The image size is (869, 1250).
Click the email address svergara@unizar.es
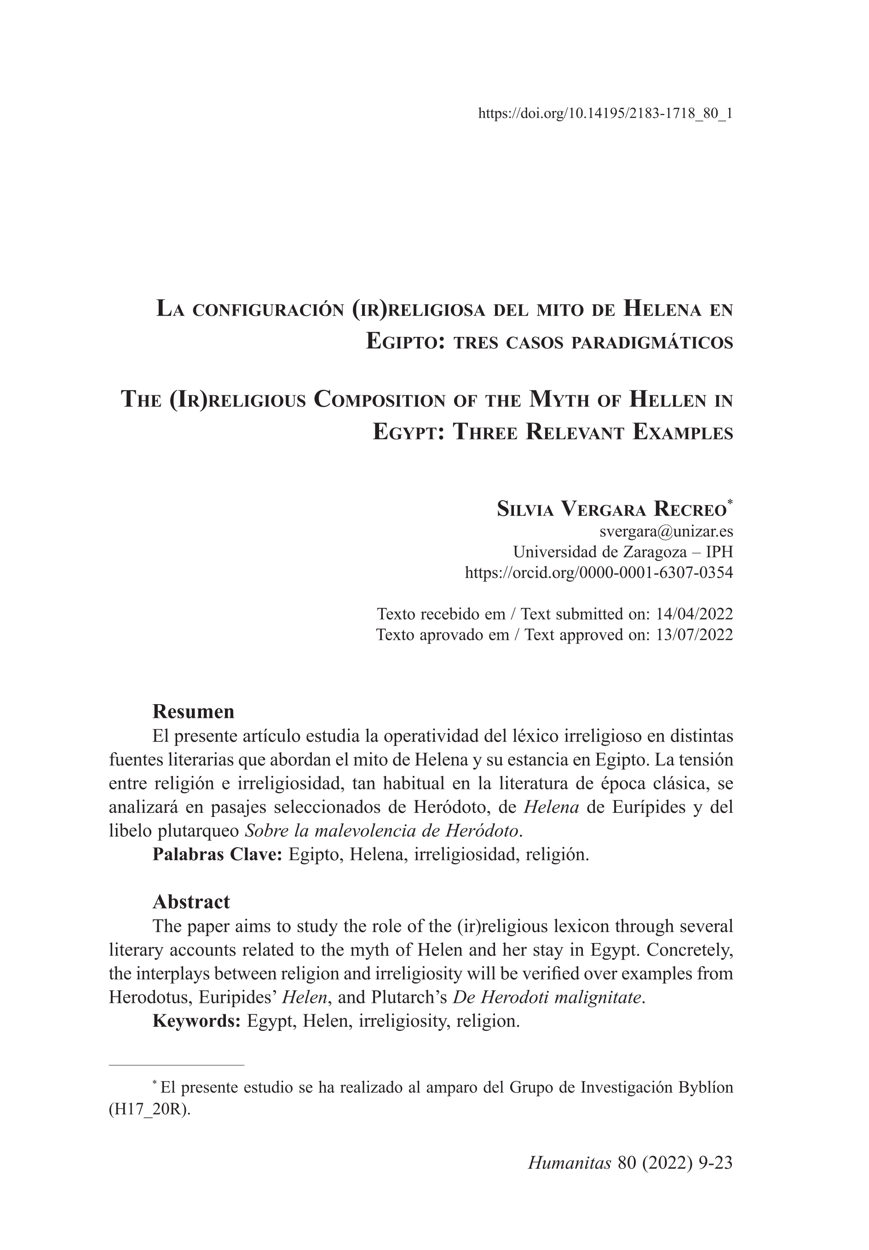click(666, 530)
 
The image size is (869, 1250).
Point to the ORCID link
click(599, 572)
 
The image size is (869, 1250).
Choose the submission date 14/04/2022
click(694, 614)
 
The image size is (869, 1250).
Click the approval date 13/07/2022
click(694, 635)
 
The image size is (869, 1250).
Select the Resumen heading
click(193, 712)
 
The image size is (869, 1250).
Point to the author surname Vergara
click(603, 509)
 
